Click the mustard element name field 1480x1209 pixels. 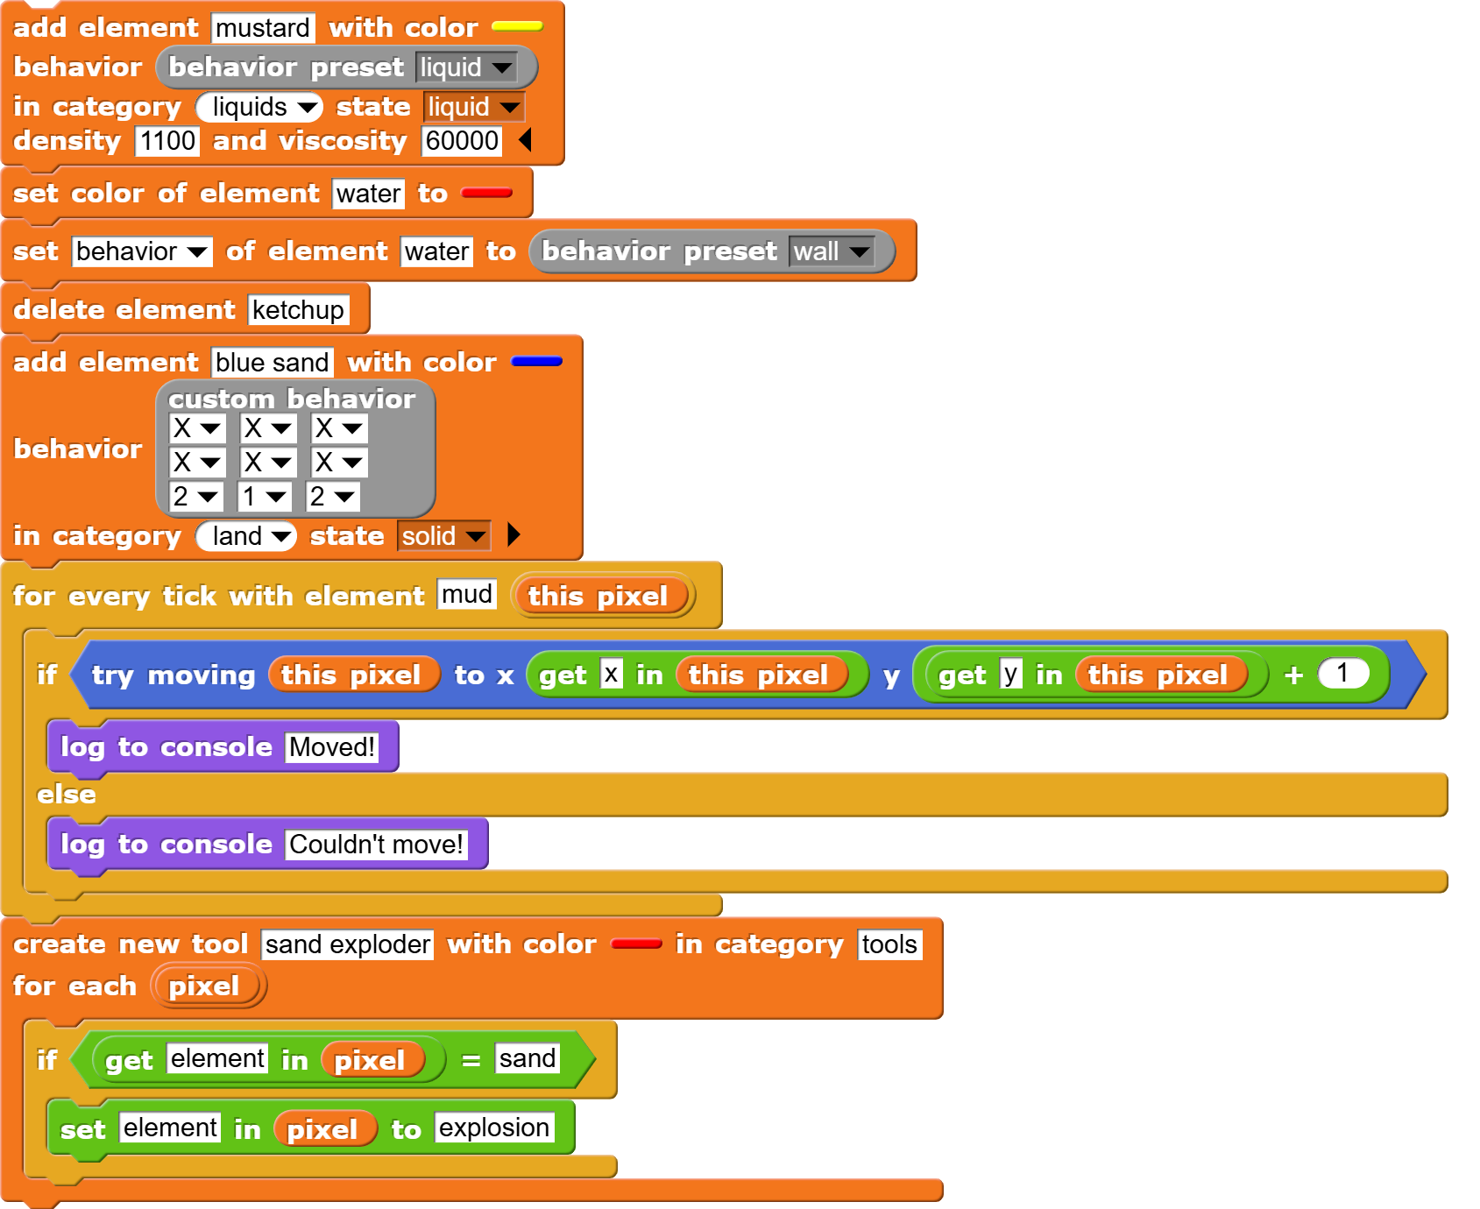pyautogui.click(x=262, y=28)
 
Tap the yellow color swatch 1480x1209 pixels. pyautogui.click(x=517, y=27)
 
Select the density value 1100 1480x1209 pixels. pyautogui.click(x=166, y=141)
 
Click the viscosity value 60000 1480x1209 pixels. pyautogui.click(x=462, y=141)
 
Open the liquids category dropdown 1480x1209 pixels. pyautogui.click(x=259, y=107)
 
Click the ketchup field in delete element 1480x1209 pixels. pyautogui.click(x=298, y=310)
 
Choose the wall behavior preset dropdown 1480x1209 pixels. pyautogui.click(x=831, y=252)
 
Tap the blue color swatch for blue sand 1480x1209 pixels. pyautogui.click(x=536, y=362)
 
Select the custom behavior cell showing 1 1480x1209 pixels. pyautogui.click(x=264, y=497)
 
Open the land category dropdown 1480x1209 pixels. pyautogui.click(x=246, y=536)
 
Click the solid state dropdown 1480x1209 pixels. pyautogui.click(x=443, y=536)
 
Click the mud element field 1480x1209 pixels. pyautogui.click(x=466, y=594)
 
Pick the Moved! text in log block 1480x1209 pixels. pyautogui.click(x=331, y=747)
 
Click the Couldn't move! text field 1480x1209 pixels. pyautogui.click(x=375, y=845)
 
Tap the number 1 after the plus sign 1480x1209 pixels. pyautogui.click(x=1342, y=674)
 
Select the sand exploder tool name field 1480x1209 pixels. pyautogui.click(x=347, y=944)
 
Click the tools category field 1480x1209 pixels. pyautogui.click(x=889, y=944)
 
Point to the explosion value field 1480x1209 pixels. pyautogui.click(x=493, y=1128)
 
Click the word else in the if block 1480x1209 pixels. pyautogui.click(x=67, y=795)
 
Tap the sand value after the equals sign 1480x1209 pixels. pyautogui.click(x=527, y=1058)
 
